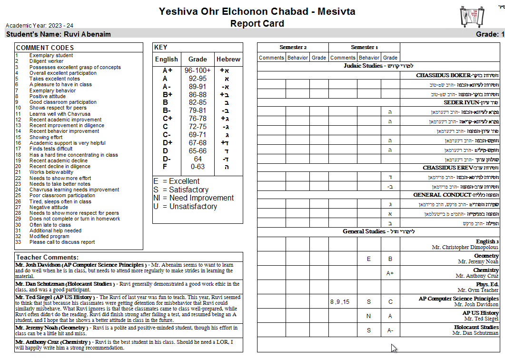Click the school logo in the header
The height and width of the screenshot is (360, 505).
click(x=468, y=17)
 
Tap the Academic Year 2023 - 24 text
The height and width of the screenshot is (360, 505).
click(x=40, y=25)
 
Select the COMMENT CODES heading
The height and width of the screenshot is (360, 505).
click(x=45, y=48)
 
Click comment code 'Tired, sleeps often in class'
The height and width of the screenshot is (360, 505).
click(x=60, y=201)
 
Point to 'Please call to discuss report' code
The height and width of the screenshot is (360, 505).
click(x=62, y=242)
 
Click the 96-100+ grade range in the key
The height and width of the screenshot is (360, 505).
click(x=198, y=70)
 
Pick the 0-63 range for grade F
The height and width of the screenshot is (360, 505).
click(x=198, y=167)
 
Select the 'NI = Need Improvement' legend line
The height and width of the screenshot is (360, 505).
click(x=194, y=198)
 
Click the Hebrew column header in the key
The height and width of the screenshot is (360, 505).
click(x=228, y=60)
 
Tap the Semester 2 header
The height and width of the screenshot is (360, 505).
click(x=293, y=47)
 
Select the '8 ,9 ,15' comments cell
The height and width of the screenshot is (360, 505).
click(x=339, y=302)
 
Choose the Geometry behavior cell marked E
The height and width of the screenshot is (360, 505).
click(x=368, y=259)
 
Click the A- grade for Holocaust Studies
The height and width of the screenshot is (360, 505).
click(x=390, y=330)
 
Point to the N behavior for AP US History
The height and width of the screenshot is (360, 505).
click(x=368, y=316)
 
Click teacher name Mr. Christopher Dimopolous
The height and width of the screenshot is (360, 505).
click(x=465, y=248)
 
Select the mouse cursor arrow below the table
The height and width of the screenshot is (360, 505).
click(x=394, y=348)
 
